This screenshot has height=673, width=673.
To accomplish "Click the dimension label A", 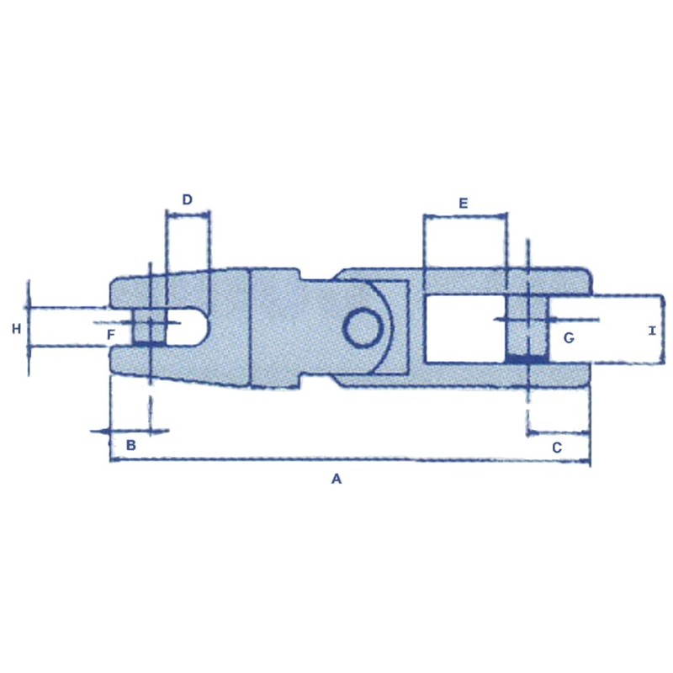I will click(x=336, y=480).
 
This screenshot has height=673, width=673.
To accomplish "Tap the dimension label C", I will click(x=556, y=448).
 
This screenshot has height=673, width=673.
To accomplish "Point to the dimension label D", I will click(x=188, y=199).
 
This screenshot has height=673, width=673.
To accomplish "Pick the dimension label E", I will click(x=463, y=204).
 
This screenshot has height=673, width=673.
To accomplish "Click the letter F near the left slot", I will click(x=110, y=335).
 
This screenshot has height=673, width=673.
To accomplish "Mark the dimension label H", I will click(x=16, y=329).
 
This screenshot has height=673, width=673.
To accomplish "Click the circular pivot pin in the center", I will click(x=362, y=326).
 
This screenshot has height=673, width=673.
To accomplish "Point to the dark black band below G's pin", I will click(x=526, y=359).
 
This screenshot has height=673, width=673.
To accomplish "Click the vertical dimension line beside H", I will click(x=29, y=329).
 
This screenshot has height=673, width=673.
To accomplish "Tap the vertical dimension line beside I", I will click(x=664, y=329).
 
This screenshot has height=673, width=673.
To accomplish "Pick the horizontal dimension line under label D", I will click(x=188, y=215).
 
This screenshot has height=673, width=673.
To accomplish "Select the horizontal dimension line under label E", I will click(x=465, y=217).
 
